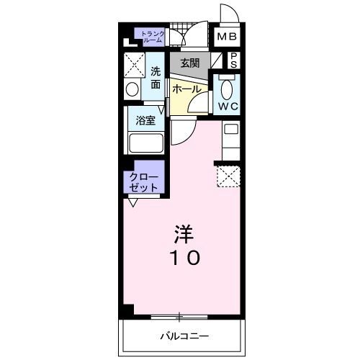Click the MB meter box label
click(x=227, y=37)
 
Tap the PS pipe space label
click(x=234, y=60)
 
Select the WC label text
click(x=227, y=107)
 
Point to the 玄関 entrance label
click(x=190, y=63)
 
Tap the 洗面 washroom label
click(x=156, y=77)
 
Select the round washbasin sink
click(x=132, y=90)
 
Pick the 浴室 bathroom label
click(x=145, y=120)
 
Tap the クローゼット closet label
click(x=143, y=181)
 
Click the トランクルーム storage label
click(x=152, y=36)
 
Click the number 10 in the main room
click(x=185, y=257)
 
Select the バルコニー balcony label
click(x=184, y=336)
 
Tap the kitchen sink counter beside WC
click(x=230, y=140)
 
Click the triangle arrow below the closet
click(x=133, y=202)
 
